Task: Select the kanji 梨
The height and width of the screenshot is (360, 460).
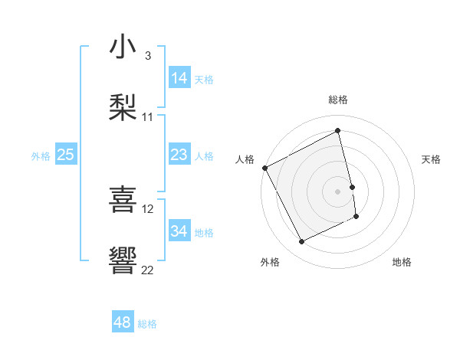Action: point(123,107)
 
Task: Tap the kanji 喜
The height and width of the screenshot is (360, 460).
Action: point(123,199)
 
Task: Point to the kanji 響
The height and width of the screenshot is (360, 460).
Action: point(123,260)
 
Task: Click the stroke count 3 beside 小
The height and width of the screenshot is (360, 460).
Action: point(148,56)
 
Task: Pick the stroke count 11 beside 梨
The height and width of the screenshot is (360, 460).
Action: point(148,117)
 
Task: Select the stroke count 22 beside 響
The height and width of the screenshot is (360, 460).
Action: point(148,270)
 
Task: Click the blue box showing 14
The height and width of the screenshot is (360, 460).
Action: point(179,78)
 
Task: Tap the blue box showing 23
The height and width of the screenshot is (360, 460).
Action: point(179,155)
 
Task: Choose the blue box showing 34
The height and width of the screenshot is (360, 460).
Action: point(179,231)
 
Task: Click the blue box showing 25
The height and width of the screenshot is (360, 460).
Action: point(65,155)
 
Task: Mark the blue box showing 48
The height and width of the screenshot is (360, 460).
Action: point(122,322)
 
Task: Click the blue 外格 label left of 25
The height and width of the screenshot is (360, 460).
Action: point(41,156)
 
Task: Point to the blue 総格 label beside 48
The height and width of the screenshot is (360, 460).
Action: point(147,324)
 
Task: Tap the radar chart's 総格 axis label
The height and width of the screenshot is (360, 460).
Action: point(338,100)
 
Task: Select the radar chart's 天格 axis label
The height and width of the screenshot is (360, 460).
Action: point(432,159)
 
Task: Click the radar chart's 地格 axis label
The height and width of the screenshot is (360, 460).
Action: point(402,263)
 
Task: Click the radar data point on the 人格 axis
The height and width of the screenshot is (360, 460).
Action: point(265,168)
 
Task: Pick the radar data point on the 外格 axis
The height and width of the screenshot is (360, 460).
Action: point(301,242)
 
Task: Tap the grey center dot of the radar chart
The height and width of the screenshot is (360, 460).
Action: point(338,191)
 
